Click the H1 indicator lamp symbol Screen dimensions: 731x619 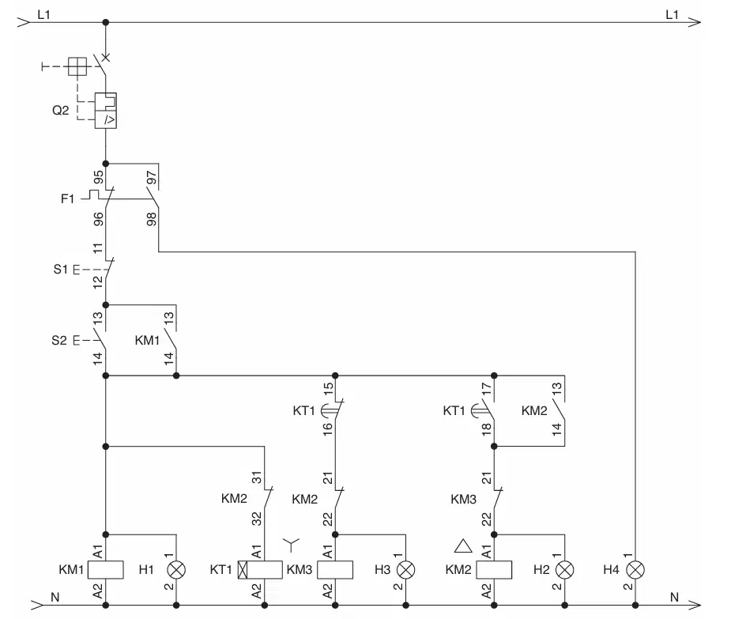click(176, 569)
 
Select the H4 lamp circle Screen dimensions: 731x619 click(635, 569)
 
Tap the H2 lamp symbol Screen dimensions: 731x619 click(564, 569)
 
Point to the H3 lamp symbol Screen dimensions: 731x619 click(405, 569)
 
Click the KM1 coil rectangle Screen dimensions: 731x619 click(106, 569)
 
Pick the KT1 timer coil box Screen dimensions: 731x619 click(260, 569)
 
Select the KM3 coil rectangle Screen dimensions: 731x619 click(335, 569)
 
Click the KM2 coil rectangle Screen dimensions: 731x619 click(494, 569)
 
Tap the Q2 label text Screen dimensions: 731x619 click(61, 111)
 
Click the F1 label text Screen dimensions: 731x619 click(68, 199)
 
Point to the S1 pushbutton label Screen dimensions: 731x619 click(60, 269)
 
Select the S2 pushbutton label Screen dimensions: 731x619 click(59, 341)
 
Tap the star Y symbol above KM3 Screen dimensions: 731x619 click(292, 545)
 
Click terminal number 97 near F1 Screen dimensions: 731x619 click(152, 178)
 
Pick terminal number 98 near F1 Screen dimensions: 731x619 click(152, 219)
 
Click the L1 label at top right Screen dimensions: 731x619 click(672, 15)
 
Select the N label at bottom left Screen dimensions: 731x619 click(55, 597)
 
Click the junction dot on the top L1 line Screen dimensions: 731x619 click(106, 22)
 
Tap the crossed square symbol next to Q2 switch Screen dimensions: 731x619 click(77, 66)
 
